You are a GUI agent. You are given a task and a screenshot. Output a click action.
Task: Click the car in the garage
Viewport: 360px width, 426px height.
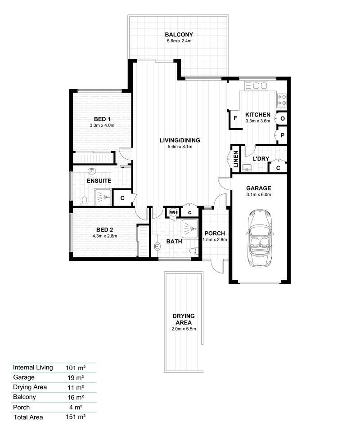(x=260, y=238)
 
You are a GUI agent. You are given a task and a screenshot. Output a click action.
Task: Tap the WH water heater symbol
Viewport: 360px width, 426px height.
(x=173, y=212)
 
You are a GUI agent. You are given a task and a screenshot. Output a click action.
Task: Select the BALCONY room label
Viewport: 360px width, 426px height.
(x=179, y=35)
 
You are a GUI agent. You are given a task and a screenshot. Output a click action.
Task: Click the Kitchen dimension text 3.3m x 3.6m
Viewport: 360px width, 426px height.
(x=258, y=121)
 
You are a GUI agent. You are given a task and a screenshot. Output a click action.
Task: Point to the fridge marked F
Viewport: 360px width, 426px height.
(x=235, y=118)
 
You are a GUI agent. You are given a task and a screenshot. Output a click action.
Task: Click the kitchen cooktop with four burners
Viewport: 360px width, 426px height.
(x=282, y=99)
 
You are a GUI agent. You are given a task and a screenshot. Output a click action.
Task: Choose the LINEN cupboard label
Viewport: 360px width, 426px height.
(x=235, y=159)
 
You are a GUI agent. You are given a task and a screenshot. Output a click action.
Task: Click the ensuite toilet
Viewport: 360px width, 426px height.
(x=85, y=201)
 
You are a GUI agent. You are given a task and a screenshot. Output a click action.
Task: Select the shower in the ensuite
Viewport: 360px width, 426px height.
(x=103, y=197)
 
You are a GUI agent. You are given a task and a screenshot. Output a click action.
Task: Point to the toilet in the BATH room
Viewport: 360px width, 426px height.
(x=193, y=251)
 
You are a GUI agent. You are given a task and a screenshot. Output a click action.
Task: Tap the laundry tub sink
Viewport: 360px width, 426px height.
(x=247, y=167)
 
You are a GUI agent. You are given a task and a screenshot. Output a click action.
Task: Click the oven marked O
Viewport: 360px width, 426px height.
(x=282, y=118)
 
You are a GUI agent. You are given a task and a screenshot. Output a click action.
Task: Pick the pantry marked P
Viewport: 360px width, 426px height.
(x=282, y=135)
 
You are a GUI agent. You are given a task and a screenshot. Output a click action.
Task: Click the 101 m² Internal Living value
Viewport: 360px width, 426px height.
(x=76, y=368)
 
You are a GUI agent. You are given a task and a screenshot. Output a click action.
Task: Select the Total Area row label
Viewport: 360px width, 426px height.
(x=28, y=417)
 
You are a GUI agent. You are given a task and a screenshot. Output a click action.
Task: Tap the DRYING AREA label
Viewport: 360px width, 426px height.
(x=184, y=319)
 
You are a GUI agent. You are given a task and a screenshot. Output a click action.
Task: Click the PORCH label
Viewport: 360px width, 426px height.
(x=215, y=233)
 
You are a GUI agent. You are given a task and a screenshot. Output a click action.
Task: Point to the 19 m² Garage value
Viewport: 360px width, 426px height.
(x=76, y=377)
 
